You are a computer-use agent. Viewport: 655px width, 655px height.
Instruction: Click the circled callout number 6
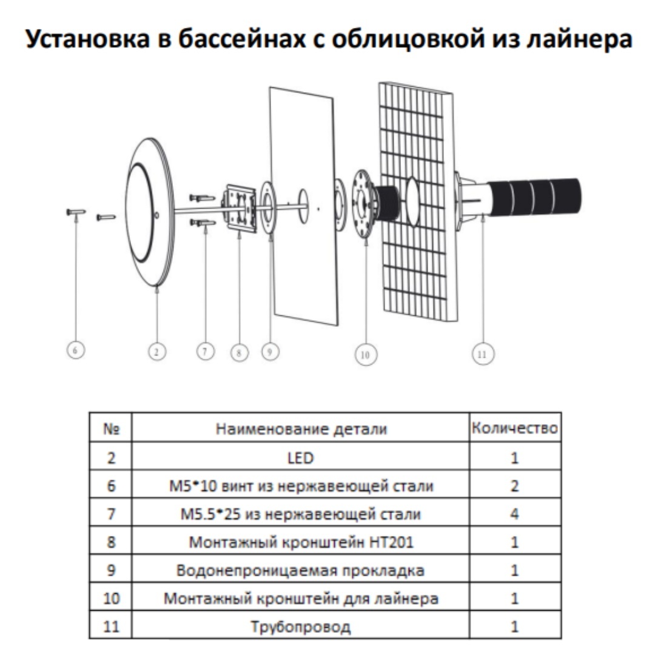click(76, 350)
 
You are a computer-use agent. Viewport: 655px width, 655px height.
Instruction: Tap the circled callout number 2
click(157, 352)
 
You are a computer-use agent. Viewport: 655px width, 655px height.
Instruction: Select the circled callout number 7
click(206, 351)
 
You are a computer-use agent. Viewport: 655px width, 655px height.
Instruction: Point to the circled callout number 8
click(240, 353)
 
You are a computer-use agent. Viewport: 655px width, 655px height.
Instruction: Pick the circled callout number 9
click(270, 351)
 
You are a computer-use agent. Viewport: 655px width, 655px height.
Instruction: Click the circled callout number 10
click(366, 355)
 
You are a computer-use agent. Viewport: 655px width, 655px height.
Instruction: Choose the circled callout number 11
click(483, 354)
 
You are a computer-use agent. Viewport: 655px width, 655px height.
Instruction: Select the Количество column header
click(515, 428)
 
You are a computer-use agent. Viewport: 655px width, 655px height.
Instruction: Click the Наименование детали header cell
click(301, 429)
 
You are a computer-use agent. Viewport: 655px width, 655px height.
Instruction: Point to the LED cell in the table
click(300, 458)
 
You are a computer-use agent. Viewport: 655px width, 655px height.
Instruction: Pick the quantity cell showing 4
click(515, 513)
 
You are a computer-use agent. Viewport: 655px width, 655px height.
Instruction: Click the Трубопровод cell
click(300, 626)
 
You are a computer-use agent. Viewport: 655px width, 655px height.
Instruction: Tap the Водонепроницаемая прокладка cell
click(300, 570)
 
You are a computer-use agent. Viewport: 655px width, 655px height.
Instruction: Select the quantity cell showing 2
click(515, 485)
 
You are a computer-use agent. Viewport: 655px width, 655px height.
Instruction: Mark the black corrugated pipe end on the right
click(535, 196)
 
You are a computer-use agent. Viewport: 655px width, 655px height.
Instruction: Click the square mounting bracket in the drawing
click(240, 207)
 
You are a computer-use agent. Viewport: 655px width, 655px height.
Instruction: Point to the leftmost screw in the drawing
click(76, 212)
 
